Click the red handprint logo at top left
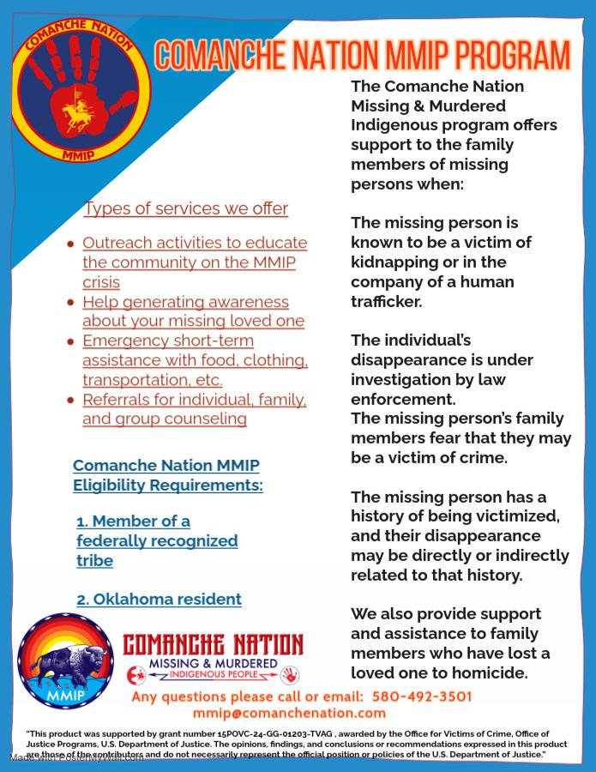[x=82, y=87]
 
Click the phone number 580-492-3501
[x=422, y=697]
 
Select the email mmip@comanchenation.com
[x=289, y=713]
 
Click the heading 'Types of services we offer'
[x=185, y=208]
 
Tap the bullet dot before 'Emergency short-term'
[x=71, y=341]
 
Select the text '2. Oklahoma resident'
[x=159, y=600]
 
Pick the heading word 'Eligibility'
[x=114, y=486]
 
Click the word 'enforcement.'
[x=403, y=399]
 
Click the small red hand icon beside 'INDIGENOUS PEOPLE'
[x=290, y=674]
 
